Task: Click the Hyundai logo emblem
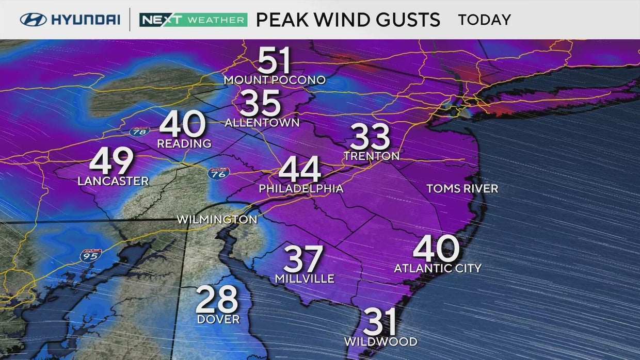pyautogui.click(x=34, y=20)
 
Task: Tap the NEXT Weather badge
pyautogui.click(x=193, y=20)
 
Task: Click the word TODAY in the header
pyautogui.click(x=484, y=20)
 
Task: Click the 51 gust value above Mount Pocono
pyautogui.click(x=274, y=61)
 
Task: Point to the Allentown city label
pyautogui.click(x=262, y=123)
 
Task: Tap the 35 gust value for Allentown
pyautogui.click(x=260, y=103)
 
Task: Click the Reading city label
pyautogui.click(x=184, y=143)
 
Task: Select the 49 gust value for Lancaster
pyautogui.click(x=111, y=161)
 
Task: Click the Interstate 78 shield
pyautogui.click(x=139, y=132)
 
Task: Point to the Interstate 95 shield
pyautogui.click(x=90, y=255)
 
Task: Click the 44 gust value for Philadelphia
pyautogui.click(x=300, y=170)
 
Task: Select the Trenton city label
pyautogui.click(x=372, y=156)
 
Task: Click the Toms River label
pyautogui.click(x=462, y=189)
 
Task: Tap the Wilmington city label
pyautogui.click(x=217, y=220)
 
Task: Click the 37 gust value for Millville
pyautogui.click(x=303, y=259)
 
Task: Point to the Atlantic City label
pyautogui.click(x=437, y=268)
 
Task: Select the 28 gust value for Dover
pyautogui.click(x=217, y=299)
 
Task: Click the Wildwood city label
pyautogui.click(x=381, y=341)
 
